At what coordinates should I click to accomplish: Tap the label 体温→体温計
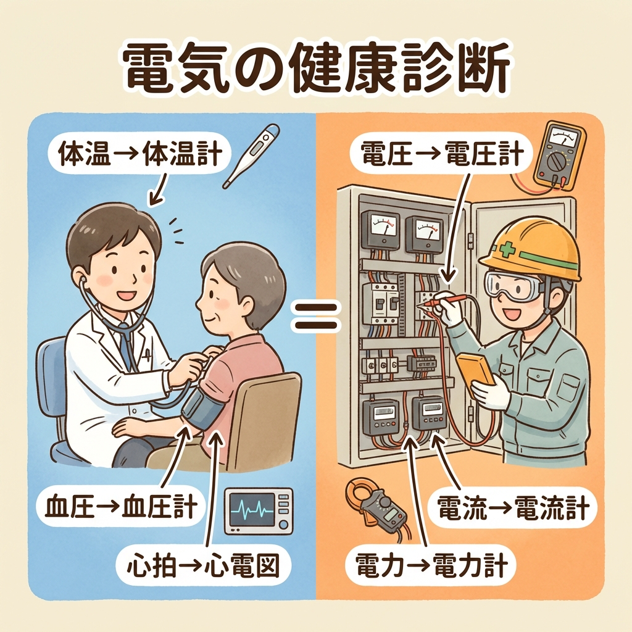point(139,153)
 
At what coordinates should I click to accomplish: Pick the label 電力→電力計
point(431,565)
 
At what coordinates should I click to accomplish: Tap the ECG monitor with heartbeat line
point(259,510)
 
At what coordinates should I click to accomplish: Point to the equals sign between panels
point(315,317)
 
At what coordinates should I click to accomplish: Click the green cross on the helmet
point(507,251)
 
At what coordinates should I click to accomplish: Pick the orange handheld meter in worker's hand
point(476,370)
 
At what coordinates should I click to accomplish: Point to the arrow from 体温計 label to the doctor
point(159,188)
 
